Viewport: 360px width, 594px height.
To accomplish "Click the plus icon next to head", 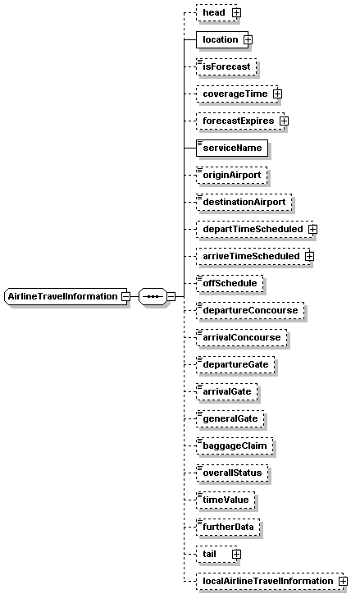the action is pyautogui.click(x=237, y=12).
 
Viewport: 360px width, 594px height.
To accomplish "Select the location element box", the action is pyautogui.click(x=222, y=39).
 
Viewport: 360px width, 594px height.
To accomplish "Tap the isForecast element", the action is pyautogui.click(x=226, y=66).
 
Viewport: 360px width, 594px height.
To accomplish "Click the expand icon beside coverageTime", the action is pyautogui.click(x=277, y=94).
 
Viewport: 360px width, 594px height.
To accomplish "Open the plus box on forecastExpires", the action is pyautogui.click(x=284, y=121).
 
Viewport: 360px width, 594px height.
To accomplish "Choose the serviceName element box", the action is pyautogui.click(x=232, y=148).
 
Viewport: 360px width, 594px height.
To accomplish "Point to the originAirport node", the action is pyautogui.click(x=232, y=175).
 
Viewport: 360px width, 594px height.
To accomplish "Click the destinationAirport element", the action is pyautogui.click(x=244, y=202).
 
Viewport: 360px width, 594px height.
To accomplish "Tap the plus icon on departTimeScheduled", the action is pyautogui.click(x=312, y=229).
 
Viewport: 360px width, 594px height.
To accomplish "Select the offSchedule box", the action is pyautogui.click(x=230, y=283).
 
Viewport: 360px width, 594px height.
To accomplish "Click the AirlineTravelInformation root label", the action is pyautogui.click(x=63, y=296).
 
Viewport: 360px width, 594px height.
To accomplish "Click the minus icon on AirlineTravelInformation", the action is pyautogui.click(x=125, y=297).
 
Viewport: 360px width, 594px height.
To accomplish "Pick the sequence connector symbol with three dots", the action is pyautogui.click(x=153, y=296).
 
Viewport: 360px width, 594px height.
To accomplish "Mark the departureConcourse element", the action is pyautogui.click(x=250, y=310).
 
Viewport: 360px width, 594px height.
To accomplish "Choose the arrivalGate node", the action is pyautogui.click(x=227, y=391).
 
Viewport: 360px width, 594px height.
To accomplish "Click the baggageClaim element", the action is pyautogui.click(x=235, y=445).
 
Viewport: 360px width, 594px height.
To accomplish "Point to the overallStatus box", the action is pyautogui.click(x=232, y=473).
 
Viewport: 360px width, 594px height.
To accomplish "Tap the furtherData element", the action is pyautogui.click(x=228, y=527).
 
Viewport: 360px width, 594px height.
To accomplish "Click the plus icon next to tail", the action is pyautogui.click(x=237, y=554).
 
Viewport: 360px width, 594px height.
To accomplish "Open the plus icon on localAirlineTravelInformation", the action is pyautogui.click(x=343, y=581).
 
